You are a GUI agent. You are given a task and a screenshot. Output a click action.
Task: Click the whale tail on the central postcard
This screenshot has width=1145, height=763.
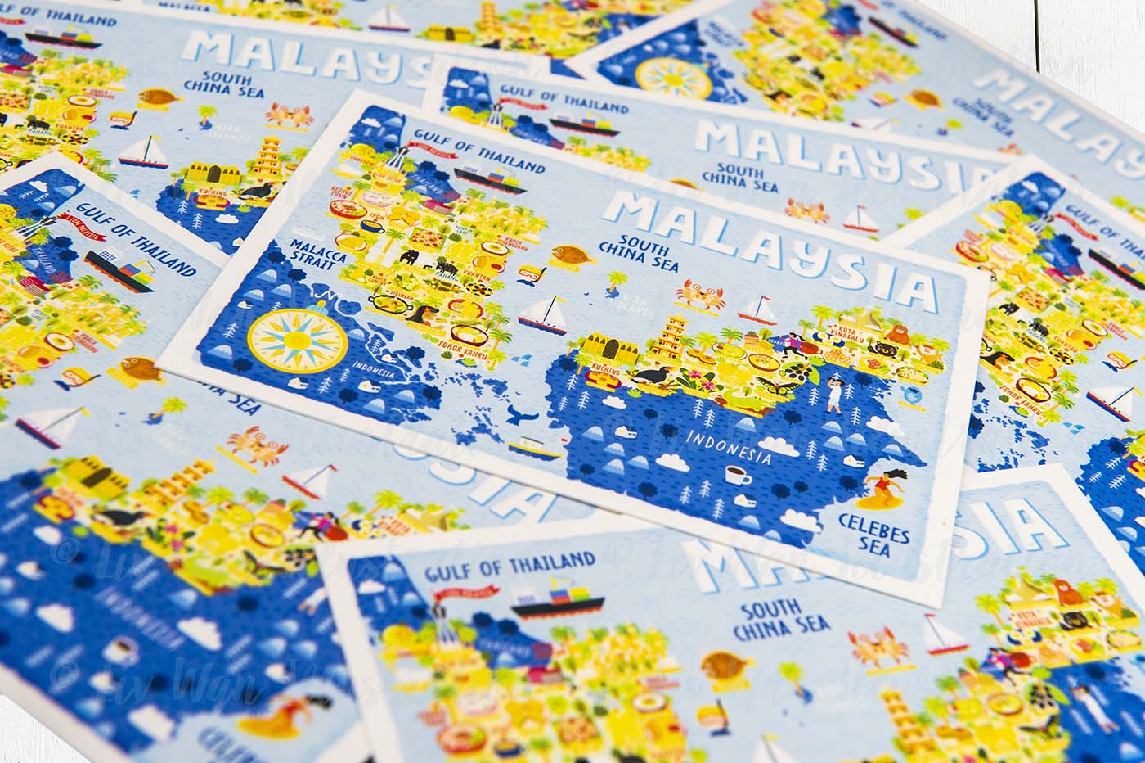517,413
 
